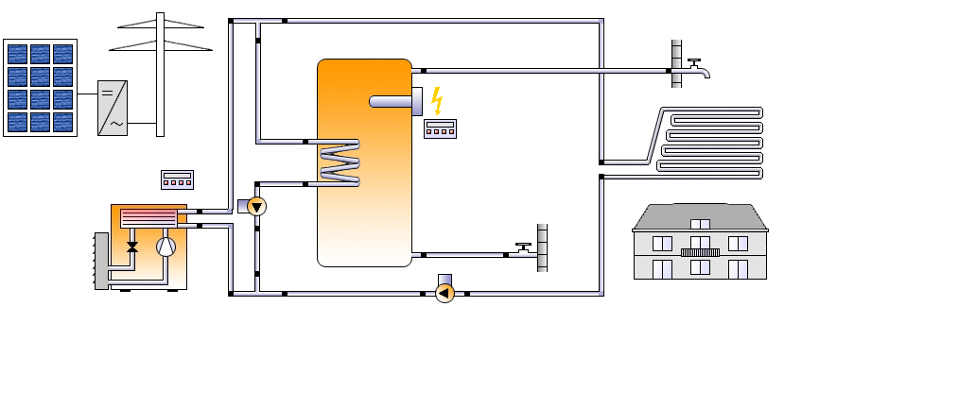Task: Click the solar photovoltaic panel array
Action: pos(40,88)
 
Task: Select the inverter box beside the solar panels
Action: pos(113,108)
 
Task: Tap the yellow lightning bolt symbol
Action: pos(437,99)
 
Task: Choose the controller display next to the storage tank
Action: pos(440,128)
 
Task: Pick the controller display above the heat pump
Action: pos(177,179)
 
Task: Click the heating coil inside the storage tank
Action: pos(339,162)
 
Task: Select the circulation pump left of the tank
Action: pos(256,206)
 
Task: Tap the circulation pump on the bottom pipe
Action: pos(444,293)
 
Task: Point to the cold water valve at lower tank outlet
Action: pos(523,250)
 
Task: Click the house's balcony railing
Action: pos(700,252)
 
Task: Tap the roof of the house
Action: pos(700,217)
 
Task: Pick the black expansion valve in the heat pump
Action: pos(132,247)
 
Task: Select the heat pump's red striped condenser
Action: pos(148,217)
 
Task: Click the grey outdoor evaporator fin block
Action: pos(101,260)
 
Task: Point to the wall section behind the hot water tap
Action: pos(676,63)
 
